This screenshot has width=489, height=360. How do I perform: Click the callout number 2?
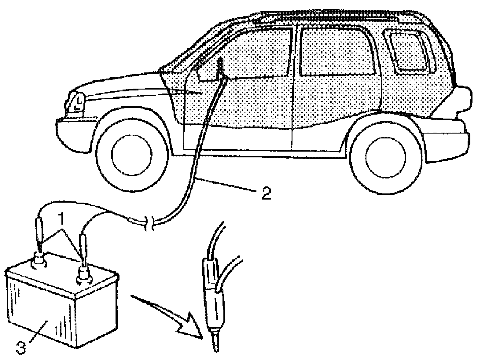coord(266,193)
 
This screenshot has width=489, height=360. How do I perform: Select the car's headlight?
coord(76,102)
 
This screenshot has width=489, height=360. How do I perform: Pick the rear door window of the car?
coord(336,50)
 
